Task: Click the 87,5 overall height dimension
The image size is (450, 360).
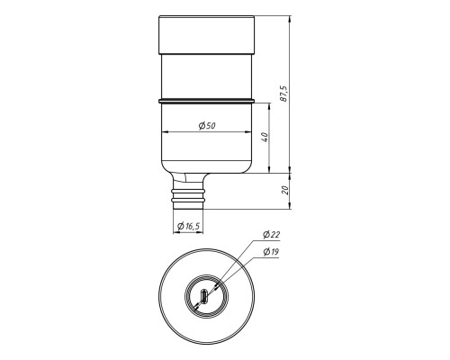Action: tap(284, 94)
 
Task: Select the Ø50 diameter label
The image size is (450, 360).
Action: tap(207, 125)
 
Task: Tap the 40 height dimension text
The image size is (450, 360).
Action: tap(265, 137)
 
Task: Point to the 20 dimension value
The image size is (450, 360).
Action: tap(285, 190)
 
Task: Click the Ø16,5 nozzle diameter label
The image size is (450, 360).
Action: tap(188, 226)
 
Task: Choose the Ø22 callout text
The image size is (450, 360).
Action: tap(272, 235)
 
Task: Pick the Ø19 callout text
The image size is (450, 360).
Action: tap(271, 252)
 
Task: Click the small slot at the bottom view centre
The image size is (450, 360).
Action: tap(204, 296)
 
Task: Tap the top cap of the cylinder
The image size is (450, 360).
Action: tap(207, 35)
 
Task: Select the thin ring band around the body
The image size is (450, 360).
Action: tap(207, 101)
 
